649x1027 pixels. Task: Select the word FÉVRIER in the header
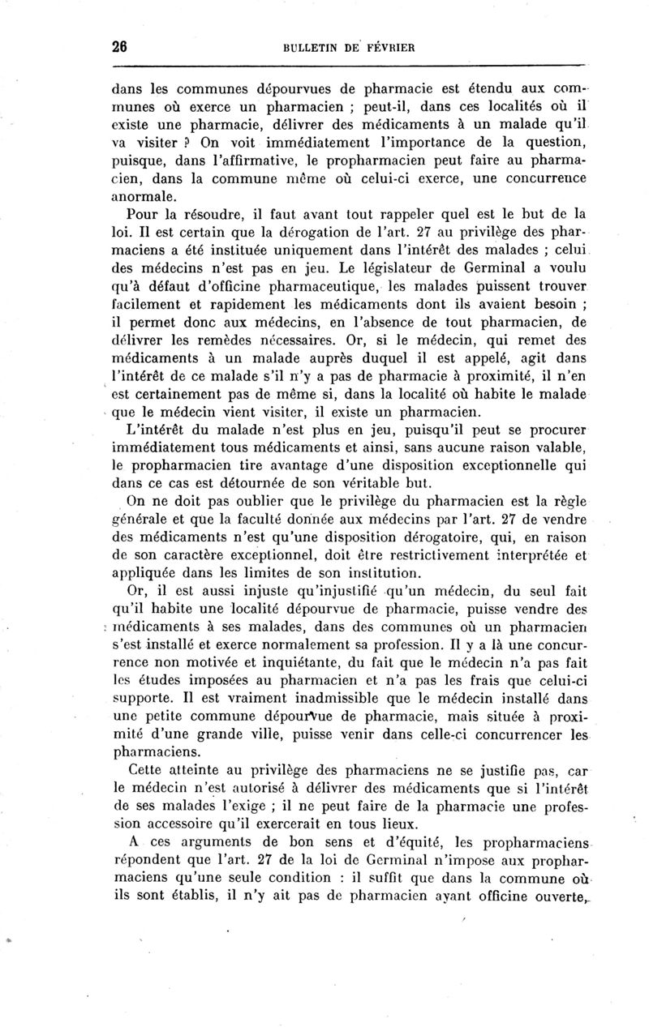[x=390, y=47]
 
